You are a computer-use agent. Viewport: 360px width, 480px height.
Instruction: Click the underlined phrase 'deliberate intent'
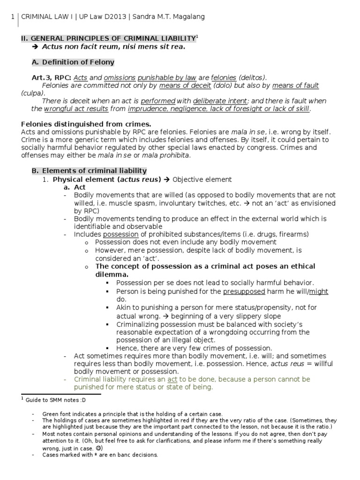point(220,101)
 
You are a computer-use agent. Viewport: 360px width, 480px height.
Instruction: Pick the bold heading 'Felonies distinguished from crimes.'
point(86,124)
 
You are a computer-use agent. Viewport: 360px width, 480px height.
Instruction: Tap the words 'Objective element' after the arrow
point(202,179)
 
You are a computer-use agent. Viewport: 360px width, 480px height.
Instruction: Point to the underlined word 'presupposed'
point(244,291)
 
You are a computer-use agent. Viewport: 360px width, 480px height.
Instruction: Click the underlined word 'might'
point(319,291)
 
